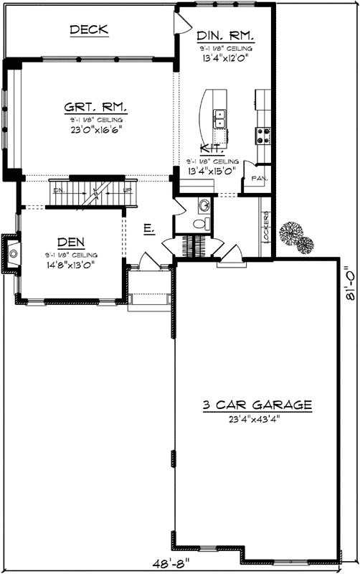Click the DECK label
(89, 29)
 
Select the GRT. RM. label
(95, 108)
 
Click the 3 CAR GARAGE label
(256, 405)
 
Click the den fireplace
(13, 252)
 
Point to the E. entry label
(148, 228)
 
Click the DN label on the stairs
(59, 191)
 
